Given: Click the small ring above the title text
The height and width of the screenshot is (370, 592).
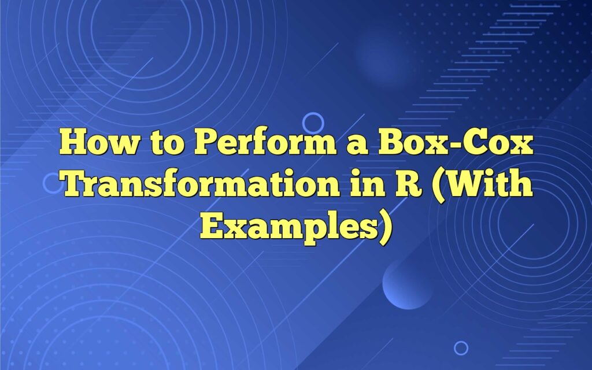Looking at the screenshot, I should click(313, 122).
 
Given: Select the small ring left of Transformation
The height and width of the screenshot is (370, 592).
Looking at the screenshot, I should click(52, 183).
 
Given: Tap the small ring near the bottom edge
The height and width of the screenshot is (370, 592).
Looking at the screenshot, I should click(461, 347).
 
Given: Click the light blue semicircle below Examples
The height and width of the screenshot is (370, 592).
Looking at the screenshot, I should click(407, 283).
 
